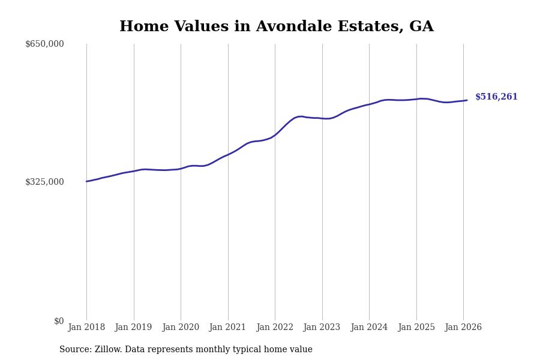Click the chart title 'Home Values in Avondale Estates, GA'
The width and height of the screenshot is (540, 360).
click(276, 27)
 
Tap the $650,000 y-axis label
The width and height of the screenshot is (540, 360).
click(44, 44)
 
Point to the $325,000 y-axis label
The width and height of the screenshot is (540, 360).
click(44, 182)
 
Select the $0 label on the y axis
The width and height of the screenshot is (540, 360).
click(59, 321)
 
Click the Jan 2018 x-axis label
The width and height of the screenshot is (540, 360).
click(86, 328)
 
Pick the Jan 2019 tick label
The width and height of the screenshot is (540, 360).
click(134, 328)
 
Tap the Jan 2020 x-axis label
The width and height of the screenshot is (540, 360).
click(181, 328)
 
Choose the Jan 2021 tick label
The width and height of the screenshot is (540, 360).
click(228, 328)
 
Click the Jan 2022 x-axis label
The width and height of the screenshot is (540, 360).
click(275, 328)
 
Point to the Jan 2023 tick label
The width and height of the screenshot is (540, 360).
click(322, 328)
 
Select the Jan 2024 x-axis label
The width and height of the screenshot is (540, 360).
click(369, 328)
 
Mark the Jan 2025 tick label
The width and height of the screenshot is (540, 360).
click(416, 328)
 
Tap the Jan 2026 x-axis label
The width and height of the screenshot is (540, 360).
click(463, 328)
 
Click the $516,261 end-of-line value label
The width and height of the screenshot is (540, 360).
click(496, 97)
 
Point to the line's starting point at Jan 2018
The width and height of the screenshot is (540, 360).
click(86, 181)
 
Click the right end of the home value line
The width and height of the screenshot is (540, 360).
click(467, 100)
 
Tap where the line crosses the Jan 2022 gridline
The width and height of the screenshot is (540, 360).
click(275, 134)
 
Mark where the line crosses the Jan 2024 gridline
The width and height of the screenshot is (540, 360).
click(369, 104)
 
